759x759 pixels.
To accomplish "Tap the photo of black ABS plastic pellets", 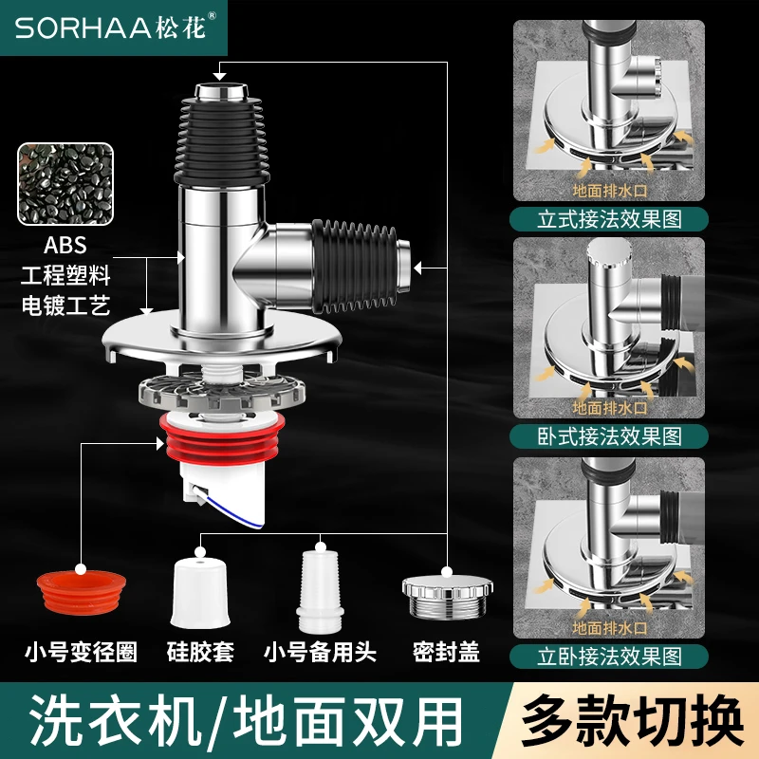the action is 65,184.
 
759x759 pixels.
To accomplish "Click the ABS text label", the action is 65,245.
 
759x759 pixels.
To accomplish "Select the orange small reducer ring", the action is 82,593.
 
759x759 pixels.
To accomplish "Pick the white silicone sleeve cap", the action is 198,594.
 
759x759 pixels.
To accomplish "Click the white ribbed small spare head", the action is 320,589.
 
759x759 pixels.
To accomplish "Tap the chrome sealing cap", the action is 447,598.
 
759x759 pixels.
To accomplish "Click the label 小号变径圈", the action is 82,652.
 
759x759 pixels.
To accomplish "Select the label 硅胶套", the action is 200,652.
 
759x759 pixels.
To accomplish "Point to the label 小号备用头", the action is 320,652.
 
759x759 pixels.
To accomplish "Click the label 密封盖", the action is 446,652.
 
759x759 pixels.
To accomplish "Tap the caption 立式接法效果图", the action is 609,220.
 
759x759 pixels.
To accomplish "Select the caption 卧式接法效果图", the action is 609,436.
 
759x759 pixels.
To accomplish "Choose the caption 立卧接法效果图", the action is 609,657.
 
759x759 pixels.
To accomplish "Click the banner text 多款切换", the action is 632,720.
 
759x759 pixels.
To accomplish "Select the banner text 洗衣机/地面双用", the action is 246,721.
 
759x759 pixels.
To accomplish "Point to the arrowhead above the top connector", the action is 220,76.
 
